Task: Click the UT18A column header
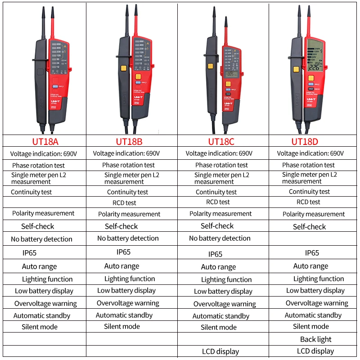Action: (x=45, y=141)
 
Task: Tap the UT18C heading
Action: (x=221, y=141)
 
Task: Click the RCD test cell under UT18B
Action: (x=125, y=203)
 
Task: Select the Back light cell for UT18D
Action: (x=315, y=339)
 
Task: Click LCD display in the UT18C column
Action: (x=220, y=351)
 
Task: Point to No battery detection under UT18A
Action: (x=41, y=239)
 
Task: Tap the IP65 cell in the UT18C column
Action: (x=215, y=254)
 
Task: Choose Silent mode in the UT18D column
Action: (x=311, y=327)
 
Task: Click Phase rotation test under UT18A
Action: (x=38, y=166)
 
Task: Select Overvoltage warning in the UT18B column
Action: (x=128, y=303)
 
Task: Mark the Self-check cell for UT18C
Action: (x=217, y=226)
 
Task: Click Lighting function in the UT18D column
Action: (x=319, y=279)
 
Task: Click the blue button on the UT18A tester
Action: (x=55, y=85)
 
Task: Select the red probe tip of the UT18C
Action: (x=226, y=27)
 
